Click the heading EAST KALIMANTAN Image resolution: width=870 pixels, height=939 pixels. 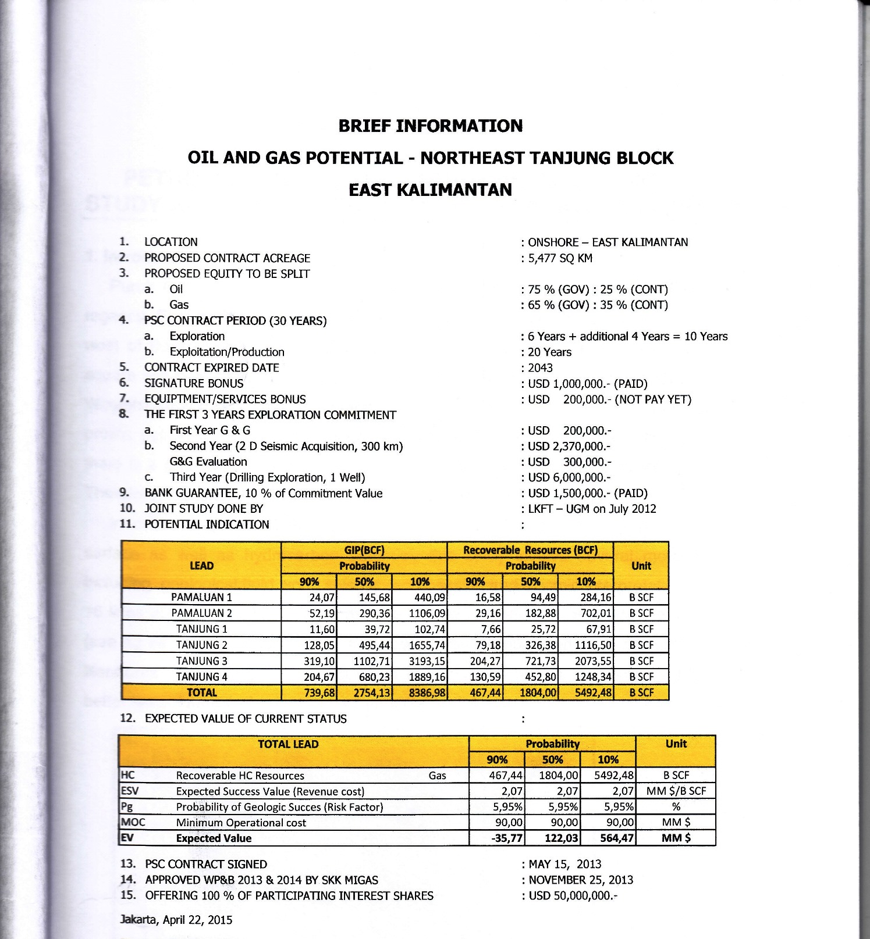[x=430, y=190]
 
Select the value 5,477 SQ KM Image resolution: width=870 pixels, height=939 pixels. [x=560, y=258]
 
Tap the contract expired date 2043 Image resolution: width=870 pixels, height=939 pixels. [x=540, y=368]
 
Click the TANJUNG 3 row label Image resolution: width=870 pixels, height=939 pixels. [x=201, y=661]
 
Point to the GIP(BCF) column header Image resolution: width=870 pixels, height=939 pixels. [x=364, y=550]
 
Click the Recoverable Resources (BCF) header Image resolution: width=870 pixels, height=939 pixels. [x=530, y=550]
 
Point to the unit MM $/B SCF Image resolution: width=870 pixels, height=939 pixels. [x=676, y=791]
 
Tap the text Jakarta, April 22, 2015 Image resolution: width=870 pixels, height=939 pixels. [x=176, y=920]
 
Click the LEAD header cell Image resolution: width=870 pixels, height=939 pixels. [x=201, y=566]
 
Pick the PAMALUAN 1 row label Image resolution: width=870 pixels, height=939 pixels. [x=201, y=598]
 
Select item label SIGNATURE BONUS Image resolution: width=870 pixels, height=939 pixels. [x=194, y=384]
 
